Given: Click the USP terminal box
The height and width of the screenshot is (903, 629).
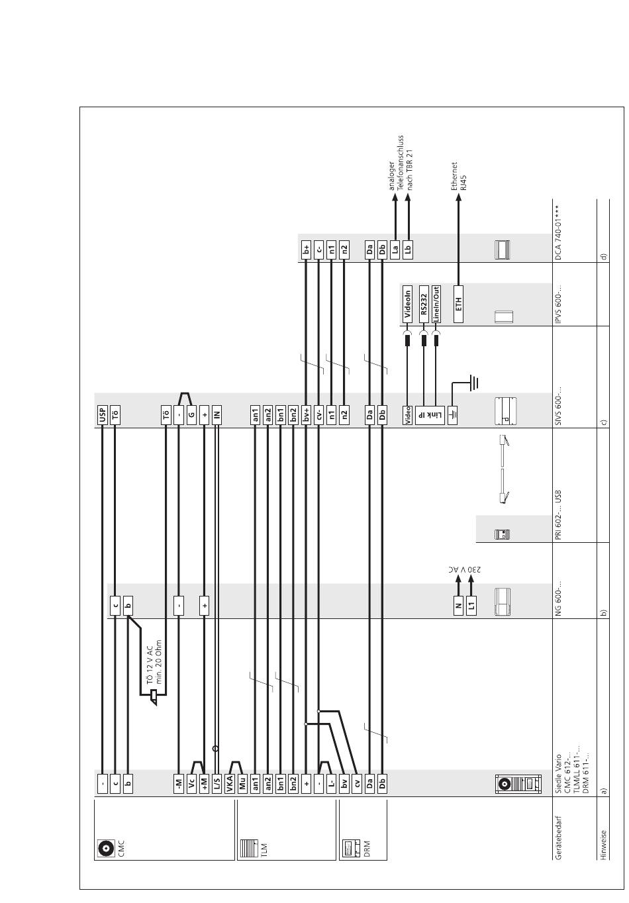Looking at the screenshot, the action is [103, 415].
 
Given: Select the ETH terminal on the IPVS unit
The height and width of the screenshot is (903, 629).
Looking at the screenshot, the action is [459, 303].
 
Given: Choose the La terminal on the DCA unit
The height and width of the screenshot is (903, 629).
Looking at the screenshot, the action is [395, 250].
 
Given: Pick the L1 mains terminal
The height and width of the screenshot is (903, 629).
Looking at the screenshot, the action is [471, 606].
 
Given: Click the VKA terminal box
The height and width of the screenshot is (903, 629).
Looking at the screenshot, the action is [230, 784].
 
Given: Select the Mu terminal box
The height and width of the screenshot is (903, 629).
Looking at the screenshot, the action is [242, 784].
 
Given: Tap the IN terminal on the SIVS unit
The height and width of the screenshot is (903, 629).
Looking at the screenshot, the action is [217, 415].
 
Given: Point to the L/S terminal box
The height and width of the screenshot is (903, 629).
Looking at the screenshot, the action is [217, 784].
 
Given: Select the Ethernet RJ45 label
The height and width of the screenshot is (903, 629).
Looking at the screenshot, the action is [459, 176].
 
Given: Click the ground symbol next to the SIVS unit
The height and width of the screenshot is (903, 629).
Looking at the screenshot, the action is [473, 383].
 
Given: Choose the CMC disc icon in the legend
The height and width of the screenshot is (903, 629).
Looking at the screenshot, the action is [105, 847].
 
